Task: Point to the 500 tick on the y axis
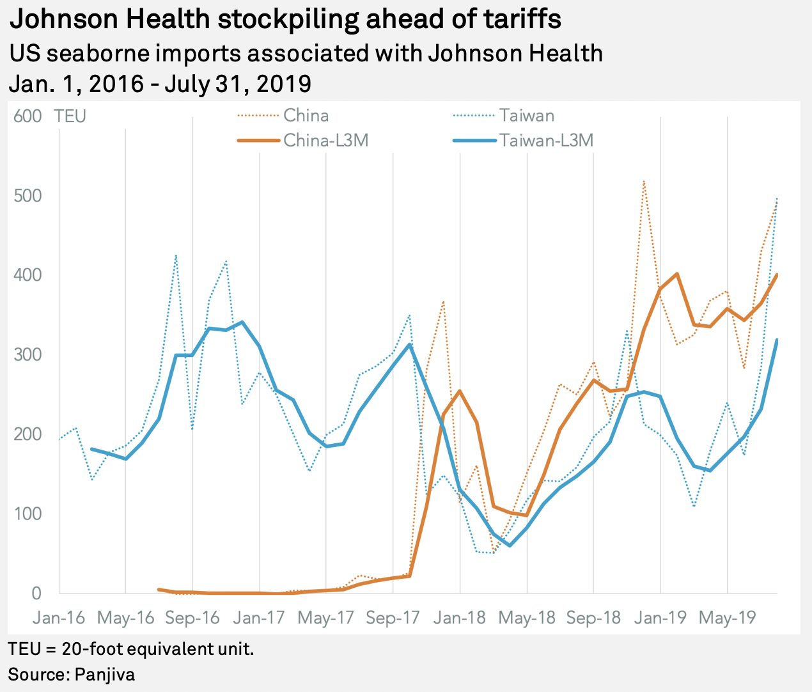pos(27,196)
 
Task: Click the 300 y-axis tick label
pos(27,355)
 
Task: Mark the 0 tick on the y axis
pos(36,594)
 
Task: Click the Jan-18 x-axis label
pos(460,618)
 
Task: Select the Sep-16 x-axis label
pos(192,618)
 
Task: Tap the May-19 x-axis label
pos(728,618)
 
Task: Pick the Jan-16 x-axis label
pos(59,618)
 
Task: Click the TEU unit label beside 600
pos(70,116)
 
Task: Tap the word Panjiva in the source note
pos(104,674)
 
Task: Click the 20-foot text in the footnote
pos(91,650)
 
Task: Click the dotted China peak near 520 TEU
pos(643,181)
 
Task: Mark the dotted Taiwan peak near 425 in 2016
pos(176,256)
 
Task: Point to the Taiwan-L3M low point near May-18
pos(510,546)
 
